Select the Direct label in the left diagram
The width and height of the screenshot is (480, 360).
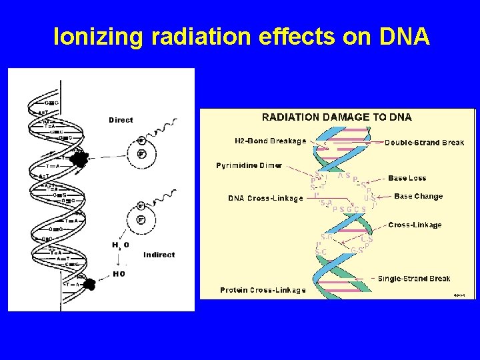[x=121, y=120]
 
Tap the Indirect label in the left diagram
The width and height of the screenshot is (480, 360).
[x=159, y=255]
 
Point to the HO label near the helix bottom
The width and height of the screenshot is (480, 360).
[x=119, y=273]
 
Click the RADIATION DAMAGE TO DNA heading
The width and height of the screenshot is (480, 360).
[x=337, y=117]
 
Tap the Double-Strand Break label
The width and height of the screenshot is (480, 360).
[x=424, y=143]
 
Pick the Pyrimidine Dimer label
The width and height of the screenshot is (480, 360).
[x=249, y=165]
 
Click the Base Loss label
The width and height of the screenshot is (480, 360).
[x=407, y=178]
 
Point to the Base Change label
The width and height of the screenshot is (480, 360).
[x=418, y=197]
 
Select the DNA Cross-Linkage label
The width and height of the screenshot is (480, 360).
[x=265, y=198]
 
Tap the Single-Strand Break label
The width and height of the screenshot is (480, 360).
[x=414, y=279]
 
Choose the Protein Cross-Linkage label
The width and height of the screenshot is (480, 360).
[x=263, y=290]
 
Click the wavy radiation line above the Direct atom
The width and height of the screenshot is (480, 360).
[x=164, y=127]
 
